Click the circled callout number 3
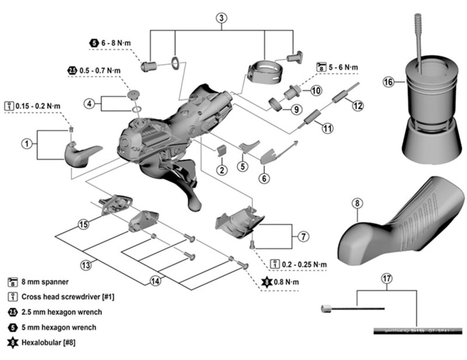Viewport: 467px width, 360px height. pos(221,18)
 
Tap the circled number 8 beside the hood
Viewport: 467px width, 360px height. pos(358,204)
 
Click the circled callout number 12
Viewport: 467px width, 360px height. pos(357,106)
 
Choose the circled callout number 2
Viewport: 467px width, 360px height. pos(222,170)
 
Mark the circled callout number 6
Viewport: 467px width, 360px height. pos(264,177)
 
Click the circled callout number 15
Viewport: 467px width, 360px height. pos(83,224)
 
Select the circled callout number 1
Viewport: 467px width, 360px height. pos(27,142)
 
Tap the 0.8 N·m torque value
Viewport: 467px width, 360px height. pos(287,282)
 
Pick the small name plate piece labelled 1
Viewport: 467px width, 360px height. pos(79,154)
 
